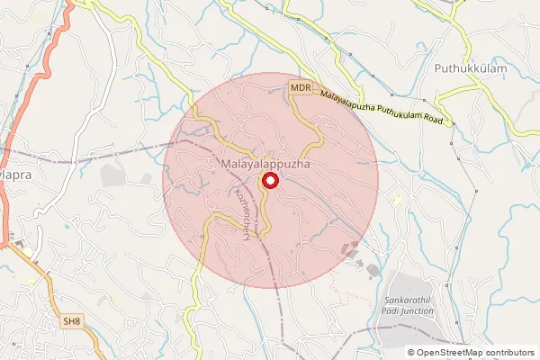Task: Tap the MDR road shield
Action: [300, 86]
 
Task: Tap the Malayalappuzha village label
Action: [265, 166]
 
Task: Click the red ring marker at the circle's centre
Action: [269, 182]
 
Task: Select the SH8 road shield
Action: [72, 320]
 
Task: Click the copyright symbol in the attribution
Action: [411, 353]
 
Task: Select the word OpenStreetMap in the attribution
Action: [449, 353]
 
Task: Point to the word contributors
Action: [509, 353]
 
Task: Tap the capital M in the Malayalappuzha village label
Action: [224, 166]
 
